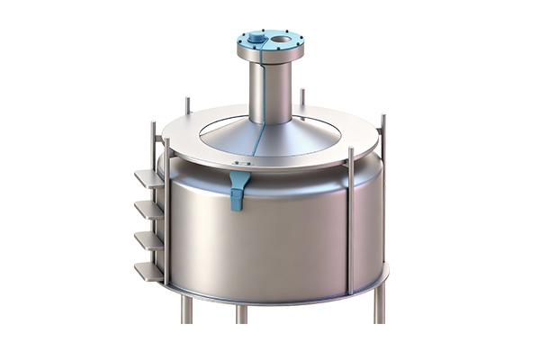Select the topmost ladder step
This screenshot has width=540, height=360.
click(149, 178)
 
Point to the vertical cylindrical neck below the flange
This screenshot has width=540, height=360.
click(270, 90)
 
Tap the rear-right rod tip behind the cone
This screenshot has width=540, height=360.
click(302, 94)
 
